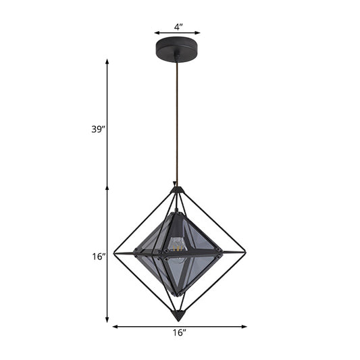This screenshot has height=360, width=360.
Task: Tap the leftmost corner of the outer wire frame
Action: pyautogui.click(x=113, y=253)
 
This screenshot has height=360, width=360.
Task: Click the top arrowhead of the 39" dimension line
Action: pyautogui.click(x=107, y=61)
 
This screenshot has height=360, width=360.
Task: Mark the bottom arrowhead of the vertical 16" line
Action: pyautogui.click(x=107, y=319)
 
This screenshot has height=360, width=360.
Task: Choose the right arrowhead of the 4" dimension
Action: pyautogui.click(x=200, y=32)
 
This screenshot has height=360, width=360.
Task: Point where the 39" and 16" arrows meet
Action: pyautogui.click(x=107, y=187)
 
